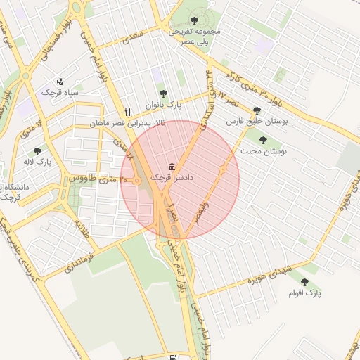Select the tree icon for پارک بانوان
[x=163, y=93]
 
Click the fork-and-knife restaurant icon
[x=127, y=111]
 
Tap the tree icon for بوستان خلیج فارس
[x=256, y=110]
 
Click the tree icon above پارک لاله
[x=37, y=150]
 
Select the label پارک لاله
[x=37, y=162]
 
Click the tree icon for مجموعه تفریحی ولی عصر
[x=195, y=20]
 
